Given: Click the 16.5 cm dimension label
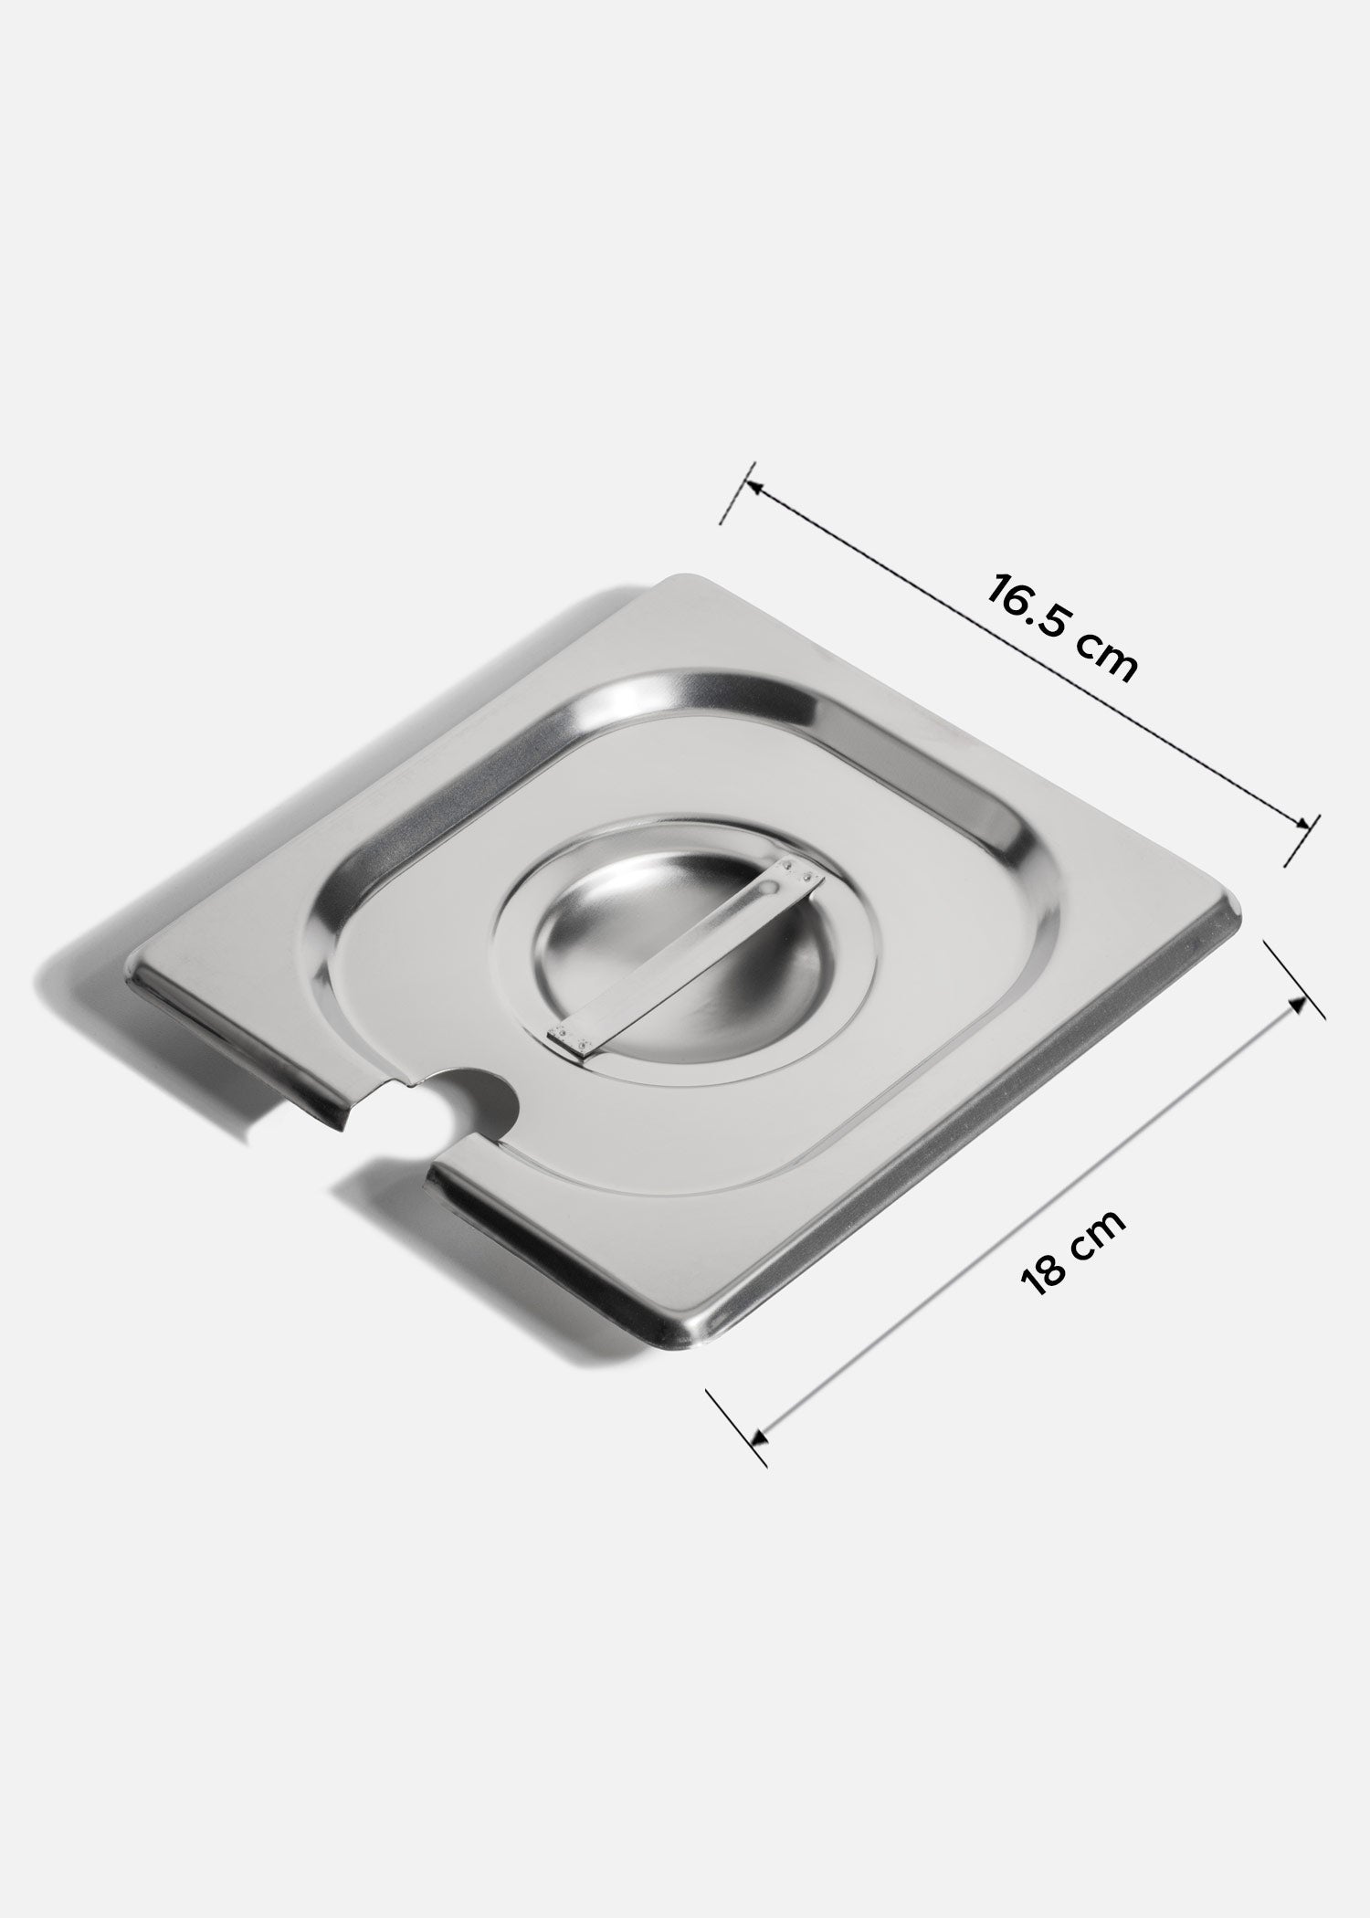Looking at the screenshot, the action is point(1061,627).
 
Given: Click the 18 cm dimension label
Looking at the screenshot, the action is point(1074,1250).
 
